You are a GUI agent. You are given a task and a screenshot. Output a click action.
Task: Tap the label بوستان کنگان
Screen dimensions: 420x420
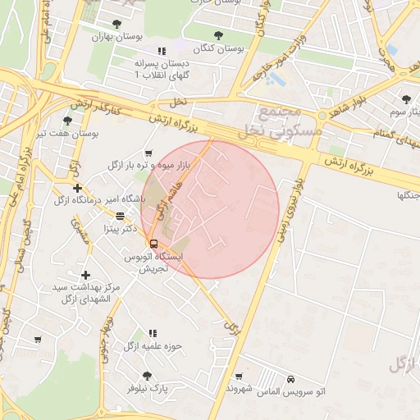point(217,48)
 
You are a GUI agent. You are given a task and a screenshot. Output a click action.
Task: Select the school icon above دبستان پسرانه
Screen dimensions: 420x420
point(162,51)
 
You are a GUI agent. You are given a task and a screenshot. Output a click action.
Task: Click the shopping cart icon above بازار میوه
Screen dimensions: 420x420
point(148,153)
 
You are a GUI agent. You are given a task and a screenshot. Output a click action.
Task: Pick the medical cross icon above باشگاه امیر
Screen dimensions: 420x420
point(76,188)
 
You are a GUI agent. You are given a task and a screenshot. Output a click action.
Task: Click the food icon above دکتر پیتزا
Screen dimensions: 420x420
point(121,217)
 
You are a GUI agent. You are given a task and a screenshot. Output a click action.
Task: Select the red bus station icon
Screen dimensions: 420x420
point(153,243)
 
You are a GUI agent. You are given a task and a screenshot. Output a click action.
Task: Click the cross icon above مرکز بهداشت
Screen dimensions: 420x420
point(85,275)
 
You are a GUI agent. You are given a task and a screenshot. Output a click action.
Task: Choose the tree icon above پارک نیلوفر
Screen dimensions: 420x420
point(147,376)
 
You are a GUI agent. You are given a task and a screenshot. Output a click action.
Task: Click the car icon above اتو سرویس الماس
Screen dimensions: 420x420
point(293,380)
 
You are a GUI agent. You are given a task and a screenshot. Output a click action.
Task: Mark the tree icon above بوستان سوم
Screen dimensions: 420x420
point(406,99)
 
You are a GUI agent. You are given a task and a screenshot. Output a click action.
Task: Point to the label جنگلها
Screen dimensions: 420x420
point(408,195)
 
